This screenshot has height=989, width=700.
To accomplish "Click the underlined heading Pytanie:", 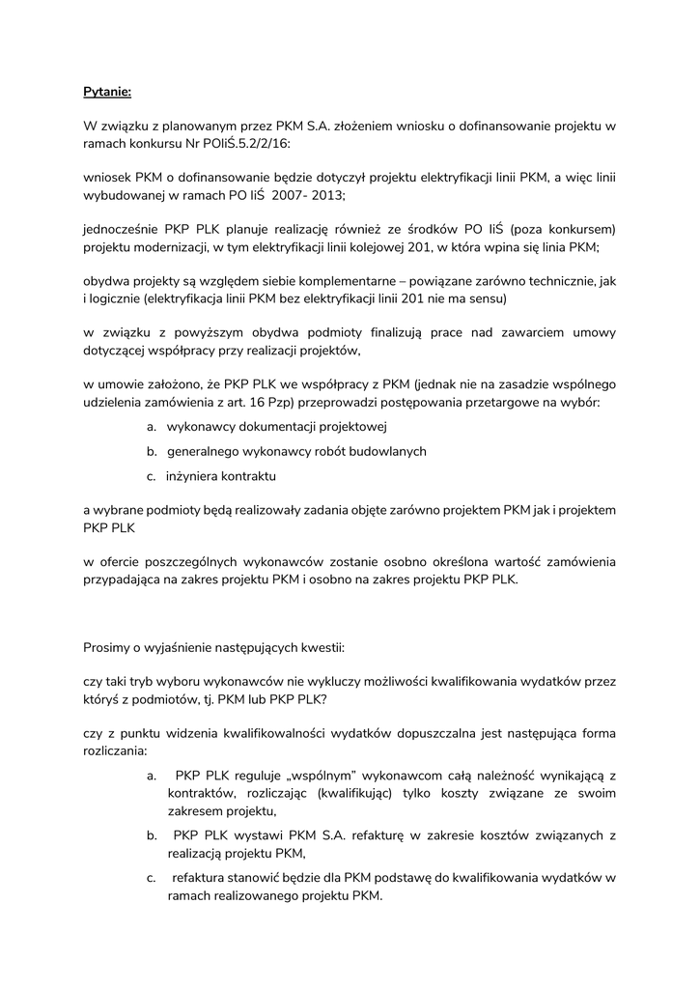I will click(106, 93).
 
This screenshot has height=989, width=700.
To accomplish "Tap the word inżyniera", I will click(195, 476).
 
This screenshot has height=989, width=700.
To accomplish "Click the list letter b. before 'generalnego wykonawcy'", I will click(152, 451).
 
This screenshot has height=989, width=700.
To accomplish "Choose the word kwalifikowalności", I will click(277, 733).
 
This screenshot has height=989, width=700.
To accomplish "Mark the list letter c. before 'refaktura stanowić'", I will click(152, 878).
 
